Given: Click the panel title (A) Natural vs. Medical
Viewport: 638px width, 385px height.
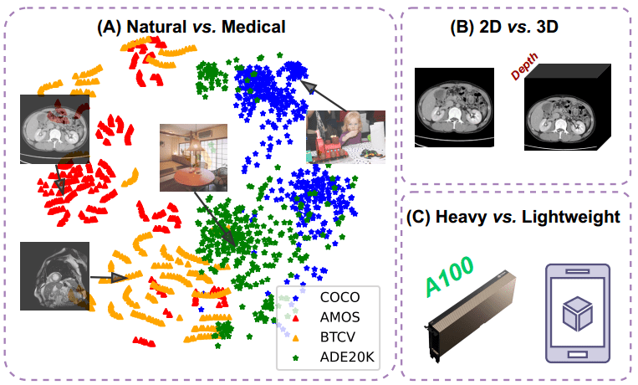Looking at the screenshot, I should [x=191, y=26].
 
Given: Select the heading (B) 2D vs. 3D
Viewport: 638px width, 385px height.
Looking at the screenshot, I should [x=516, y=26].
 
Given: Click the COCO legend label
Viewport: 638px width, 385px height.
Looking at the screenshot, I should [x=339, y=297].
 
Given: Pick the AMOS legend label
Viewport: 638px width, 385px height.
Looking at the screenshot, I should [x=339, y=317].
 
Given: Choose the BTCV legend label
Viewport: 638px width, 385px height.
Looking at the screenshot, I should [x=338, y=337].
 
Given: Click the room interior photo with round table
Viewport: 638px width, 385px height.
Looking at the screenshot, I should [x=193, y=156].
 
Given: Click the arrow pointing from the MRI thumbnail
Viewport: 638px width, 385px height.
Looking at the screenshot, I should [x=107, y=278].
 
